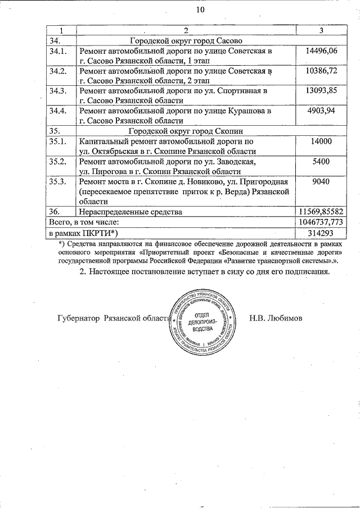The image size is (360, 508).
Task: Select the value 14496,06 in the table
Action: (x=319, y=51)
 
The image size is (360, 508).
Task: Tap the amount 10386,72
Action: (x=319, y=71)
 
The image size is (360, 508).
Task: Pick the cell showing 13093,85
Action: (x=319, y=91)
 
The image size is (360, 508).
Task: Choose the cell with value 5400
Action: (x=321, y=162)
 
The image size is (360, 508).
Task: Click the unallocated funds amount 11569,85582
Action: (x=320, y=212)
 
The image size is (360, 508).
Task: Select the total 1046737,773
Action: (x=320, y=222)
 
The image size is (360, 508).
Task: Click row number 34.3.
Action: (x=58, y=91)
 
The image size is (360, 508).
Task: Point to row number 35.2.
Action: (x=58, y=162)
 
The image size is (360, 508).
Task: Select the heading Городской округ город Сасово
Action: (x=186, y=41)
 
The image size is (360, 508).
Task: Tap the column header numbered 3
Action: (x=320, y=30)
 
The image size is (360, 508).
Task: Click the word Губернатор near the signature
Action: (x=79, y=318)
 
